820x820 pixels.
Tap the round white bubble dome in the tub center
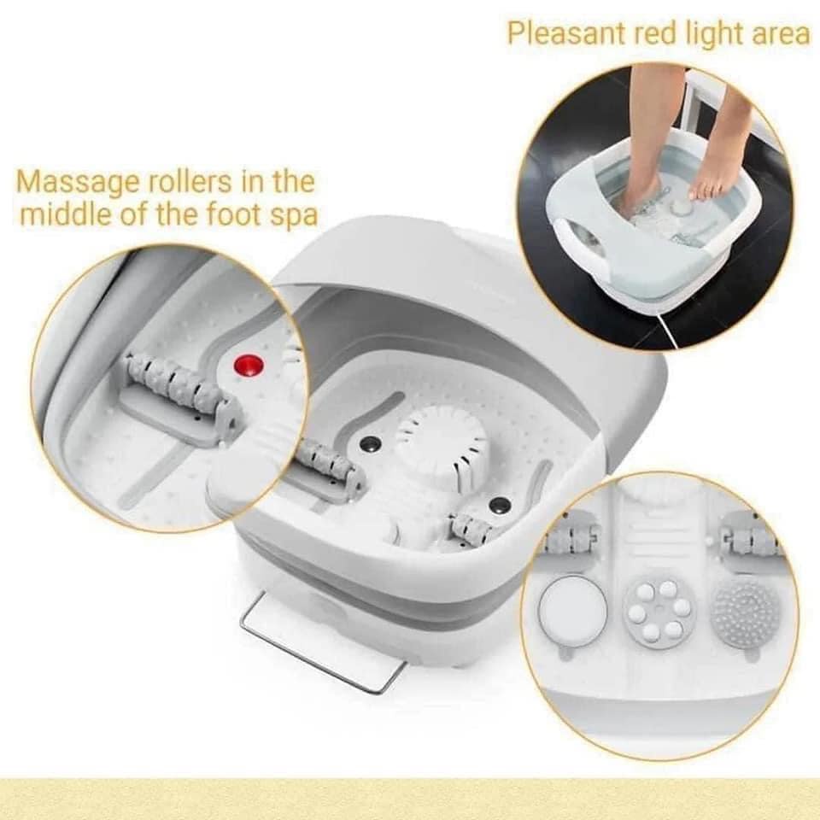click(x=442, y=440)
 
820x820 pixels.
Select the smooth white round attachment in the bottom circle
click(x=572, y=612)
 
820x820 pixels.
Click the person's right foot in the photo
click(x=642, y=193)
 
